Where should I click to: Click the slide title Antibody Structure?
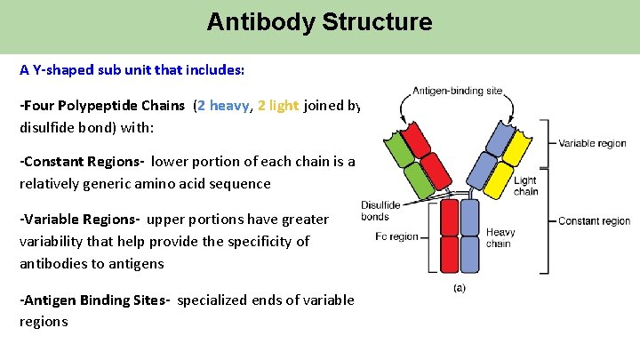[x=319, y=21]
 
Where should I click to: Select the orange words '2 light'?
[x=278, y=106]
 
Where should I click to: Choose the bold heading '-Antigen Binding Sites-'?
[x=95, y=300]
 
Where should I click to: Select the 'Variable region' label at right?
[x=592, y=143]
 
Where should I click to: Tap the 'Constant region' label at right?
[x=594, y=221]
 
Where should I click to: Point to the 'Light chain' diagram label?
[x=525, y=186]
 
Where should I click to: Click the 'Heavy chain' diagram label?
[x=500, y=238]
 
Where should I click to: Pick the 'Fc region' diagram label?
[x=397, y=237]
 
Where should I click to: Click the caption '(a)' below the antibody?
[x=460, y=287]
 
